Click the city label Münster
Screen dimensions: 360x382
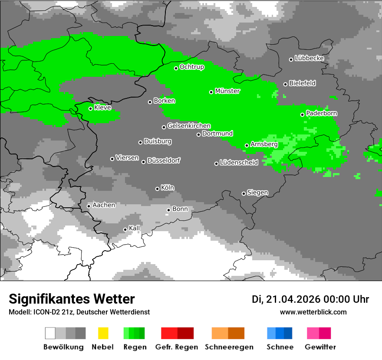coord(227,91)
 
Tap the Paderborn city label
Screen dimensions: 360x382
coord(321,113)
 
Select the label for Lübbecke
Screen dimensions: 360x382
coord(309,58)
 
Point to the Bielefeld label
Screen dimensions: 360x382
coord(302,83)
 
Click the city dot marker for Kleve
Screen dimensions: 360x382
coord(91,108)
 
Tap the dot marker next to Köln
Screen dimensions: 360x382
coord(158,189)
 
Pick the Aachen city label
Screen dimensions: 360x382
coord(104,205)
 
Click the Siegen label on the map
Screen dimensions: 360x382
coord(257,192)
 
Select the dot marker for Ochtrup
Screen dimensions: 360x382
coord(176,68)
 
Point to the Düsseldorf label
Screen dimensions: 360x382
coord(164,160)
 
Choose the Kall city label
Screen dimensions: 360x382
coord(135,228)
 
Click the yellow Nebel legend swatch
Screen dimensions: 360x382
coord(103,333)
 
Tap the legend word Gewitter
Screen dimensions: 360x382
coord(320,347)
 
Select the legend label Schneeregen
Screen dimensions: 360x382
coord(229,347)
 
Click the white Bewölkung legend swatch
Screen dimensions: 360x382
coord(50,333)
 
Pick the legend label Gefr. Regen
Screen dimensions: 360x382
coord(177,347)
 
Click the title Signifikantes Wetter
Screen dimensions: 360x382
coord(72,299)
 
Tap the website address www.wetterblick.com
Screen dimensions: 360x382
coord(313,312)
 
